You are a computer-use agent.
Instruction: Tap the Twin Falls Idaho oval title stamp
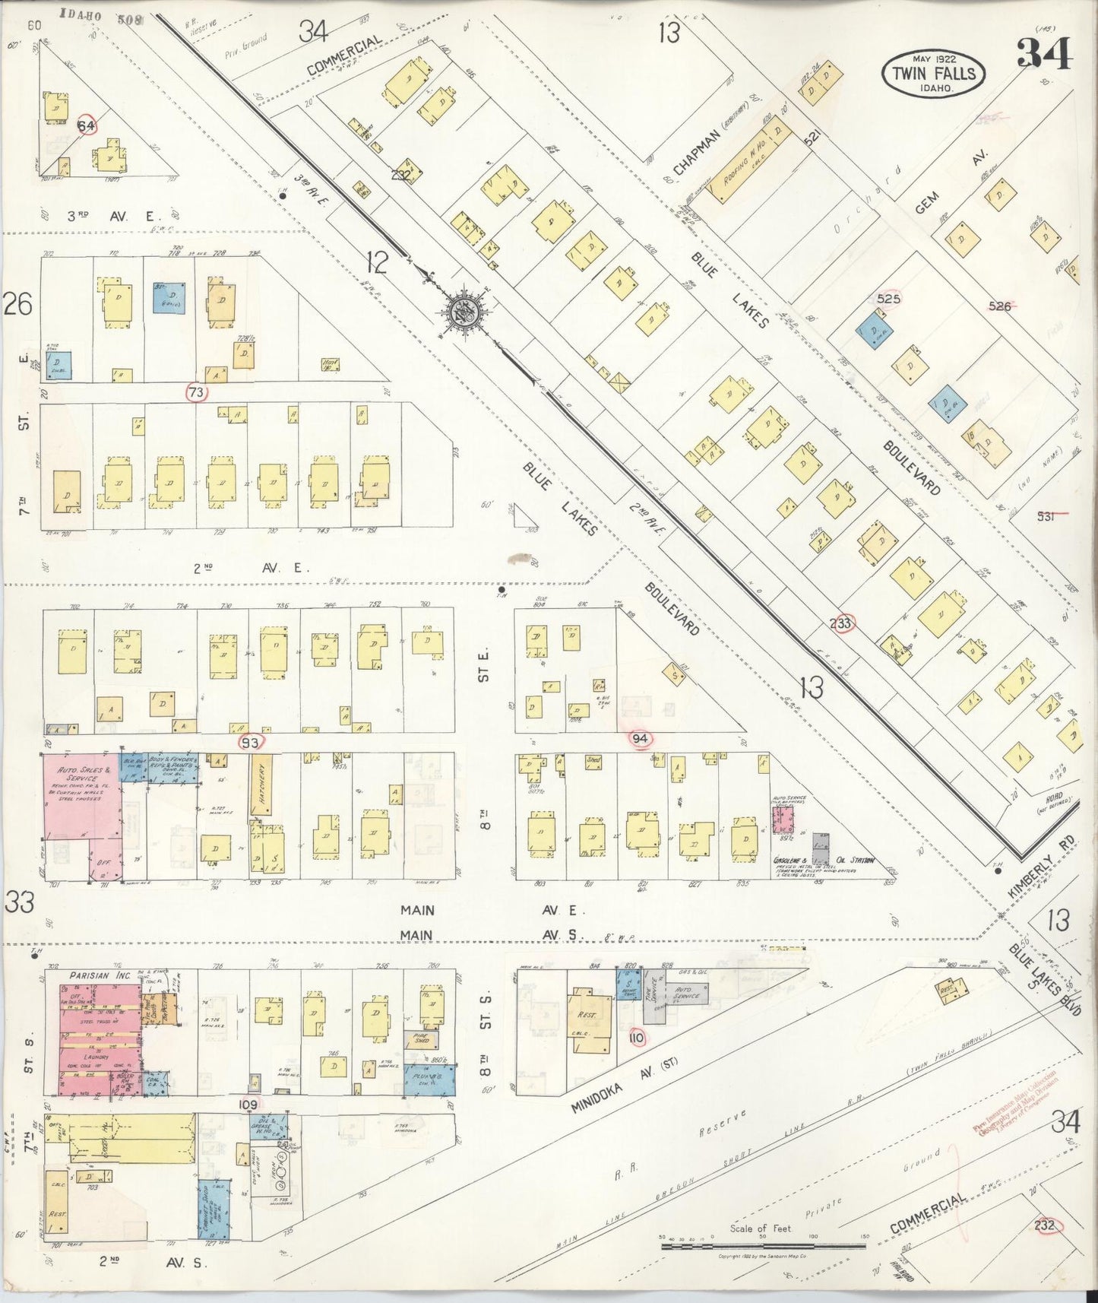pos(933,74)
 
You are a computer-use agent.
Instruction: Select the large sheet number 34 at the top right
pos(1044,53)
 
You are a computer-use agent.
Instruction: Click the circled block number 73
pos(197,392)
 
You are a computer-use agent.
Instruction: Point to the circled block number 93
pos(250,742)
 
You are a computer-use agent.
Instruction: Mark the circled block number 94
pos(640,738)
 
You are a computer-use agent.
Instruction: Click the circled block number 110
pos(636,1038)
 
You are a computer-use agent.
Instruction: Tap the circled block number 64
pos(87,125)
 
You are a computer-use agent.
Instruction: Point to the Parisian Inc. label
pos(101,975)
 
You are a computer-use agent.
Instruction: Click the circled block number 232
pos(1045,1225)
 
